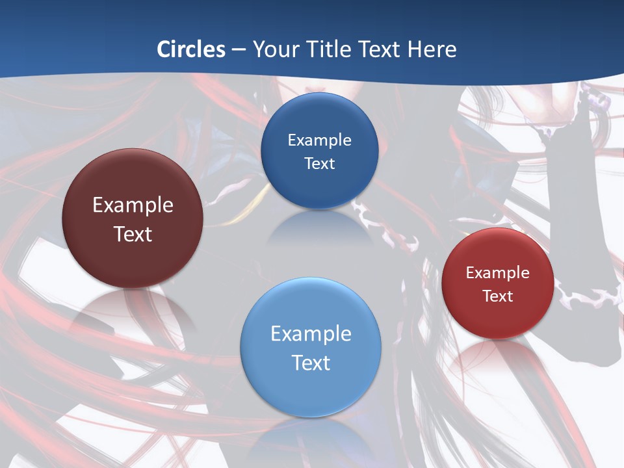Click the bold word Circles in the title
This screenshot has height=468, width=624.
pos(191,49)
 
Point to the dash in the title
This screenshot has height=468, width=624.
pos(239,50)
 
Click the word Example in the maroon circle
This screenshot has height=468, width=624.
pos(133,205)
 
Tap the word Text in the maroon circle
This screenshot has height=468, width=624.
pos(133,234)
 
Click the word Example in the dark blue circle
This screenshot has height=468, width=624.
pos(319,140)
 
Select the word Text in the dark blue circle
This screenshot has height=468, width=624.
pos(319,164)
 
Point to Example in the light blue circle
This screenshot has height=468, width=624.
pos(311,334)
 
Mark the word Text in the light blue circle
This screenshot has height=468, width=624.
pos(311,363)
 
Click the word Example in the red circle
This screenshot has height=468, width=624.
pos(498,273)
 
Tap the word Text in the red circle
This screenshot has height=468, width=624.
pos(498,296)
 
